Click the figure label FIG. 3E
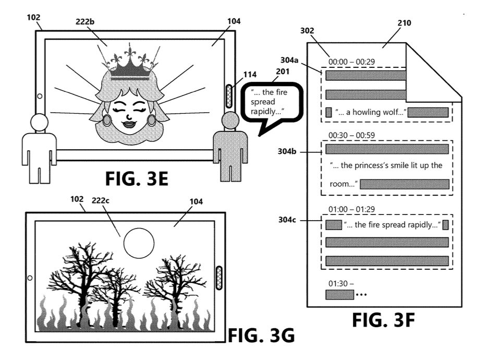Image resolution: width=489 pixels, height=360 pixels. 138,178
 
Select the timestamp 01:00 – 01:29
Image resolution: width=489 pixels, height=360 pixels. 352,209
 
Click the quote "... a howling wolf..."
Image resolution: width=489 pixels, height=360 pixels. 371,112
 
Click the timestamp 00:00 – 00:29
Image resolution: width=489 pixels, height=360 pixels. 352,62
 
